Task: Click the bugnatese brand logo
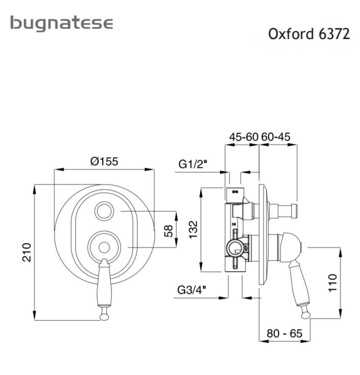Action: coord(62,23)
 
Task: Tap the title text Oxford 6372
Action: coord(309,34)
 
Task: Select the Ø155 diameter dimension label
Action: coord(104,161)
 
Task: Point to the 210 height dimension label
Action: coord(26,252)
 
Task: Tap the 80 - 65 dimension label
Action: coord(284,333)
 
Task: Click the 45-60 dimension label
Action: coord(243,137)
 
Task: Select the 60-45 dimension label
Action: coord(276,137)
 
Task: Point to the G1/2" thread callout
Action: coord(193,164)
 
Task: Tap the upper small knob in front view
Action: coord(104,211)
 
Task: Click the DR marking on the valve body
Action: coord(233,224)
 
